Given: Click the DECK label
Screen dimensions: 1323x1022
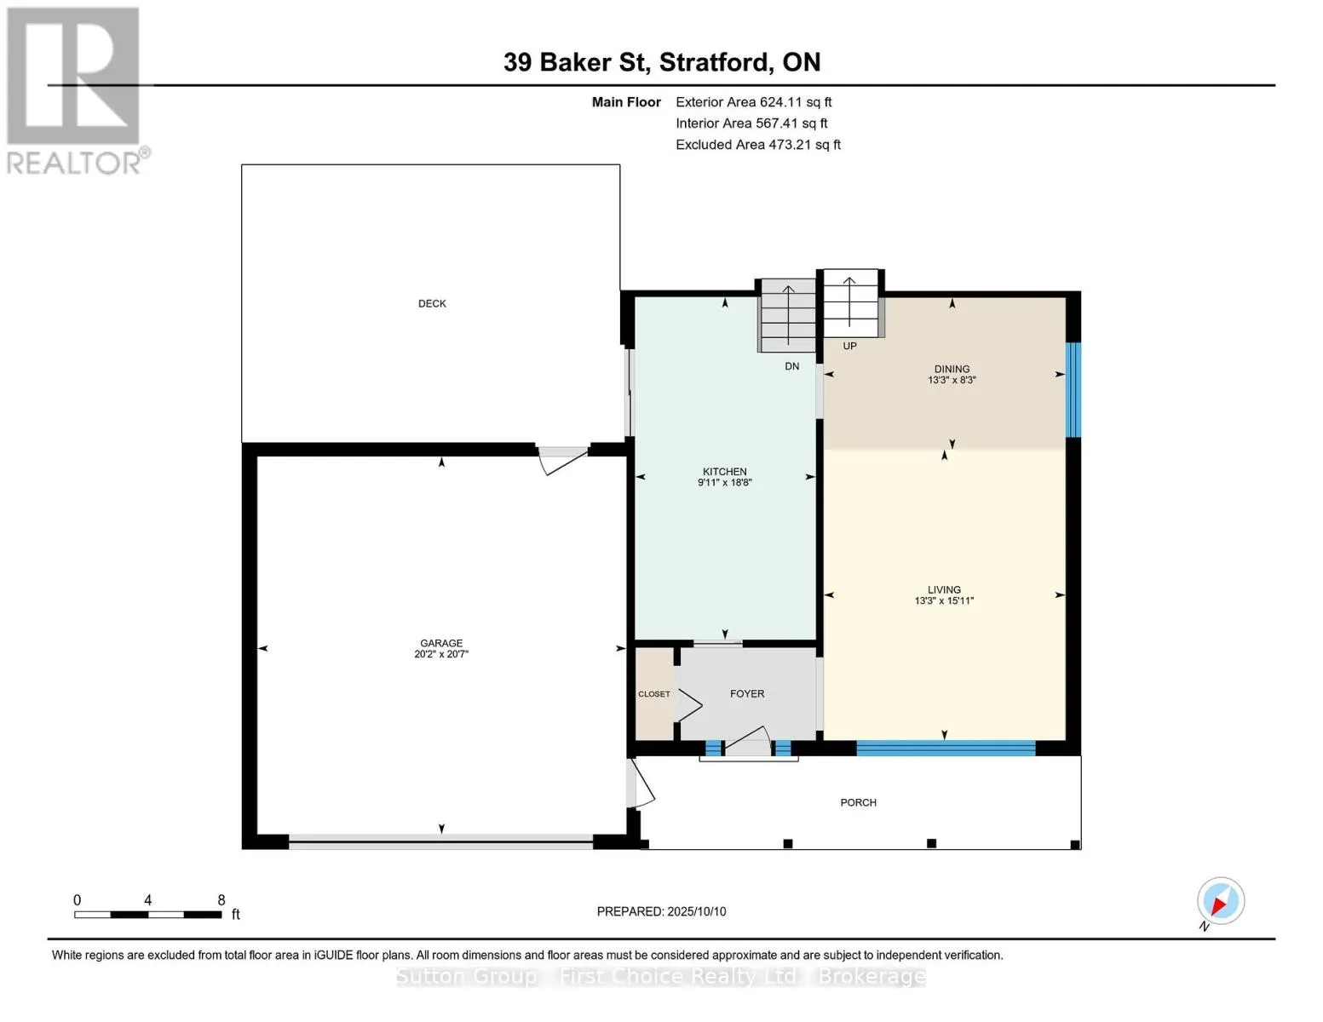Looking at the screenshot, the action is [432, 303].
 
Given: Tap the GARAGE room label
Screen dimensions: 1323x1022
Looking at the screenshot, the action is [441, 643].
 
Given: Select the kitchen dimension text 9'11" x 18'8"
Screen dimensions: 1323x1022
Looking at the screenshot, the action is [724, 483].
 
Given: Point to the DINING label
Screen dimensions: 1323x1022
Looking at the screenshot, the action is [952, 369].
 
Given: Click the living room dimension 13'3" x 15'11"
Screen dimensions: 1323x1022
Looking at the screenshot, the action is [944, 600].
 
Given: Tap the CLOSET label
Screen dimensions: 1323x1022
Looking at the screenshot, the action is [654, 694].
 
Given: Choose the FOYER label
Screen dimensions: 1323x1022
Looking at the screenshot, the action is [747, 694].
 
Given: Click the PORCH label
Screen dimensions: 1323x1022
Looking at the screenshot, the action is [859, 802].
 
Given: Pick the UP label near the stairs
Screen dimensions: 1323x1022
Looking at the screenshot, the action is [850, 346].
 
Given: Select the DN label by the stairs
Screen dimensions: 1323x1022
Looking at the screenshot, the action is [792, 366].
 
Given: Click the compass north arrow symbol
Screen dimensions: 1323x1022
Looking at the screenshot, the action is [1220, 902].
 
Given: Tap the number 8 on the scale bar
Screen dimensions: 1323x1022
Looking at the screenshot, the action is [221, 900].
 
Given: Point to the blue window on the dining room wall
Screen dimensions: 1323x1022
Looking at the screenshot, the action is [1073, 389].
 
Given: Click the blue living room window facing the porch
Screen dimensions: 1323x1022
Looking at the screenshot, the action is [946, 748].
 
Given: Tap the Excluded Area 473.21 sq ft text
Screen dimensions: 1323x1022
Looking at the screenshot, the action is [758, 145].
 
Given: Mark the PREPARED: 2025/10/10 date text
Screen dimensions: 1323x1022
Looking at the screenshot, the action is [661, 911].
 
